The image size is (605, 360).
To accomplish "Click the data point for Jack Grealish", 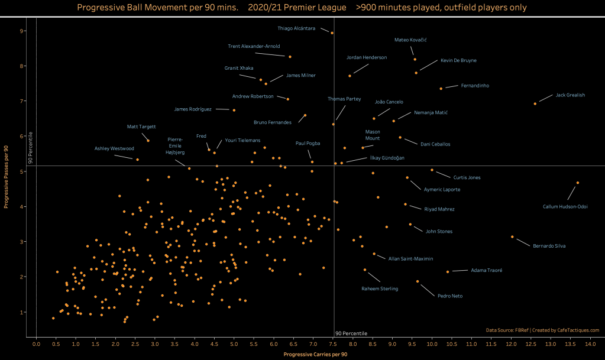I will tap(535, 103).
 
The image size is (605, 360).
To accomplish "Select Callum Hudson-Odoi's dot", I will tap(578, 183).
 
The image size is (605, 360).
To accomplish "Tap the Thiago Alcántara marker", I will tap(332, 33).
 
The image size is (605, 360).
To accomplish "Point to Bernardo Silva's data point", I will tap(512, 237).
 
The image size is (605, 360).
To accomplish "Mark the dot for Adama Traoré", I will tap(448, 272).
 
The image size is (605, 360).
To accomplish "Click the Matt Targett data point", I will tap(148, 141).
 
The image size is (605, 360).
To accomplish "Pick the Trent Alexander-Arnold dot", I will tap(290, 57).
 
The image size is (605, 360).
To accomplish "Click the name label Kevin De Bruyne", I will tap(458, 60).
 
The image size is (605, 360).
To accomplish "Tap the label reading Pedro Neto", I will tap(449, 296).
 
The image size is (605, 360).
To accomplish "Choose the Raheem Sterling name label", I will tap(380, 288).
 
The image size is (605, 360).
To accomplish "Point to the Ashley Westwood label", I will tap(115, 148).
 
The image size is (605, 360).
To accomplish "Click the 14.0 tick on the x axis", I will tap(590, 343).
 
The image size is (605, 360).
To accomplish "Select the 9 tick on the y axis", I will tap(22, 31).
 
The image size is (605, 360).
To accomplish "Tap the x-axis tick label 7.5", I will tap(333, 343).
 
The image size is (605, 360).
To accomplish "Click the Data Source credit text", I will tap(542, 330).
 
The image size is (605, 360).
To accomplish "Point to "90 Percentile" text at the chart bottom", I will tap(351, 333).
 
